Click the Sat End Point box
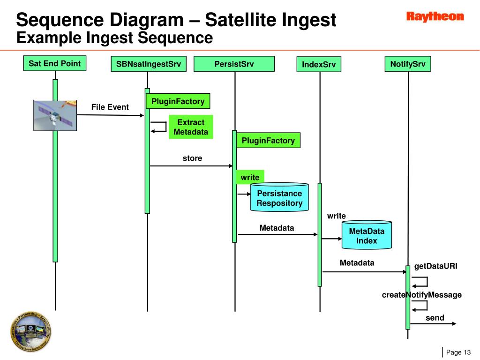55,63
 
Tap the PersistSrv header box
234,64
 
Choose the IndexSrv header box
319,65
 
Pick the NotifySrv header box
407,64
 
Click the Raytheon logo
435,17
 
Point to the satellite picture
55,115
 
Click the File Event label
110,107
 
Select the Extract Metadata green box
191,127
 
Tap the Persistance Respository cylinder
279,198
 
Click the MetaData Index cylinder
367,235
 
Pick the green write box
250,177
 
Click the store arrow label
192,158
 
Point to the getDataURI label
435,266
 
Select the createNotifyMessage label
422,295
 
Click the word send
435,318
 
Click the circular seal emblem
31,330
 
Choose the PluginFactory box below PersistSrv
268,140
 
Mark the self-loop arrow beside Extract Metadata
159,127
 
